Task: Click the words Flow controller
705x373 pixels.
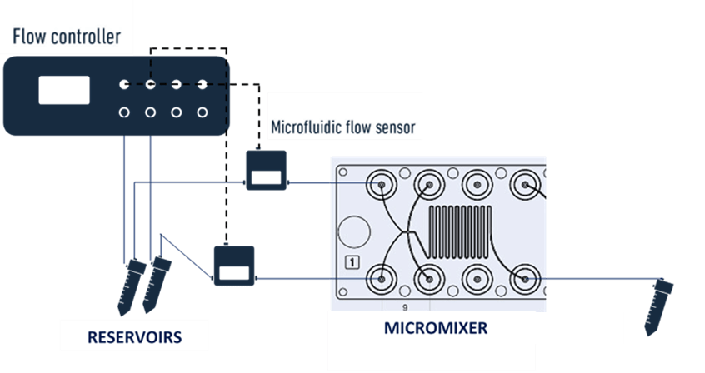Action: click(x=67, y=37)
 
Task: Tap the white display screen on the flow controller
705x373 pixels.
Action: click(x=64, y=89)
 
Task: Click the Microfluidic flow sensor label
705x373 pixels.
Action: click(x=342, y=128)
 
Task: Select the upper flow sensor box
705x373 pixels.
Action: click(x=266, y=171)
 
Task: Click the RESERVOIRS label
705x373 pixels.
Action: click(x=136, y=337)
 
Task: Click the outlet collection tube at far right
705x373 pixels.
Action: click(x=662, y=304)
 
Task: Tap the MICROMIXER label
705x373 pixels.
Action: click(x=435, y=327)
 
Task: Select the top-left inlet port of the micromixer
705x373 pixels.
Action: click(x=383, y=184)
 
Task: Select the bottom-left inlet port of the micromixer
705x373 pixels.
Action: click(x=383, y=276)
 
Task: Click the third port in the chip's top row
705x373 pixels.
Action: click(x=477, y=184)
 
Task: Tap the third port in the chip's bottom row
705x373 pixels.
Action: click(x=477, y=276)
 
